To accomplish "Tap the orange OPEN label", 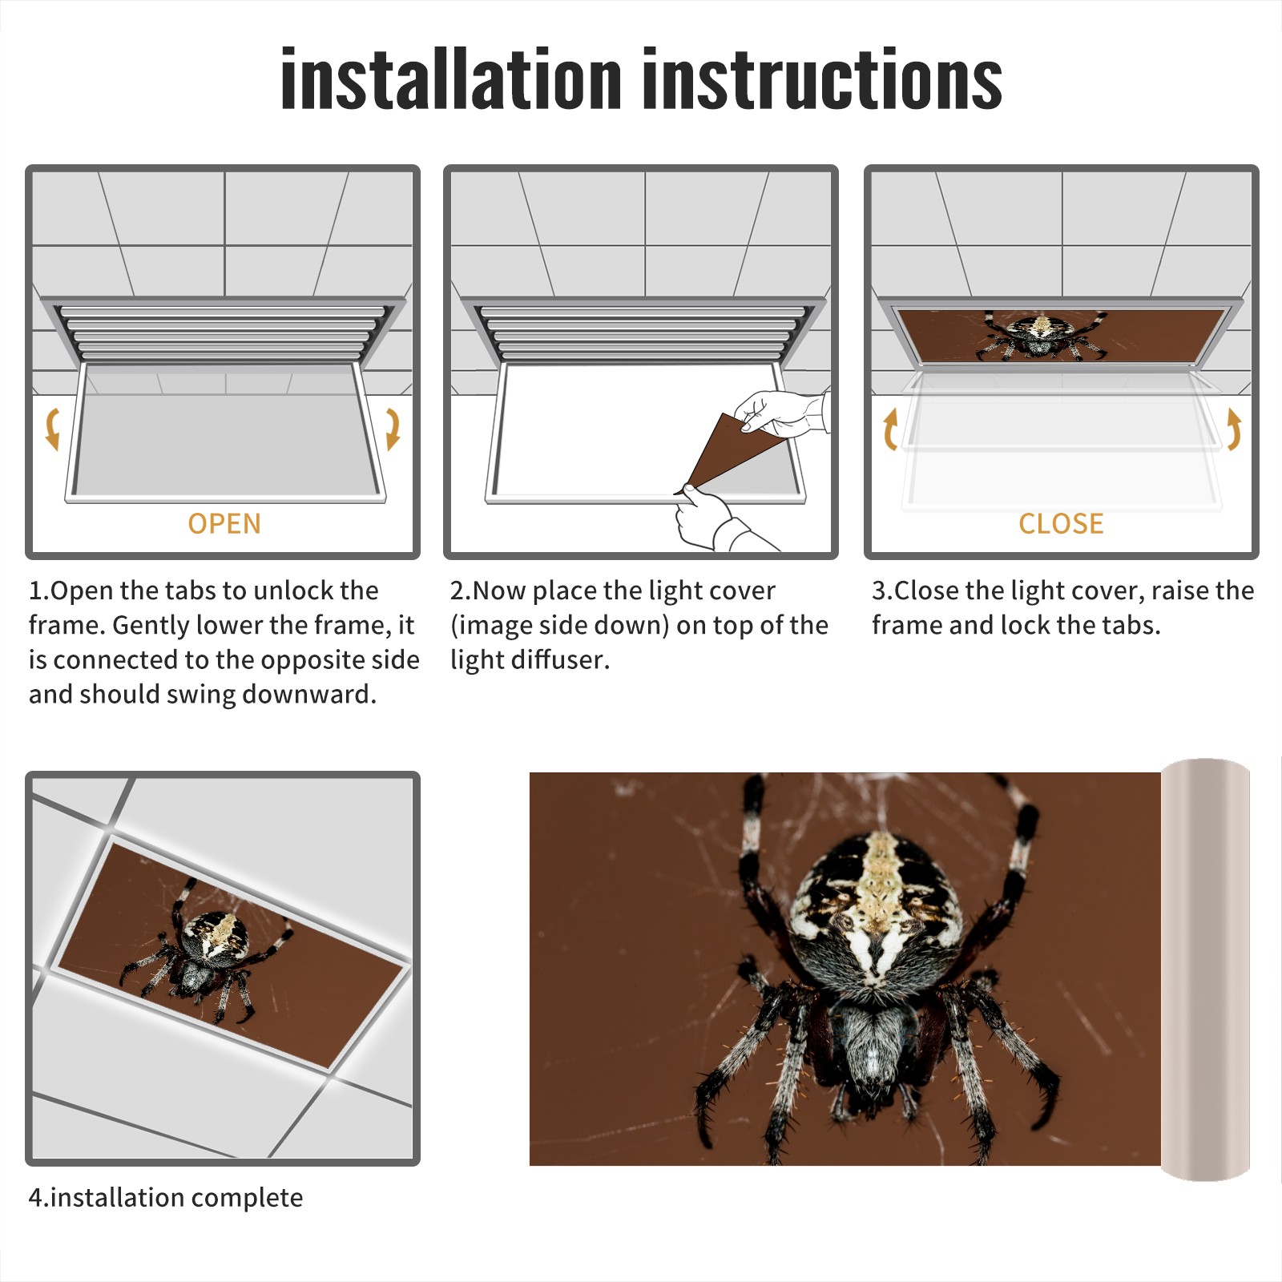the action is [x=224, y=523].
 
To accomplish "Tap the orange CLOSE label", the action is [x=1061, y=523].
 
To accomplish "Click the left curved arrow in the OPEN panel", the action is [x=53, y=429].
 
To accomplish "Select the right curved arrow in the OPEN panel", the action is [x=393, y=429].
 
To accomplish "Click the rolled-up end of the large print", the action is [x=1206, y=970].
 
